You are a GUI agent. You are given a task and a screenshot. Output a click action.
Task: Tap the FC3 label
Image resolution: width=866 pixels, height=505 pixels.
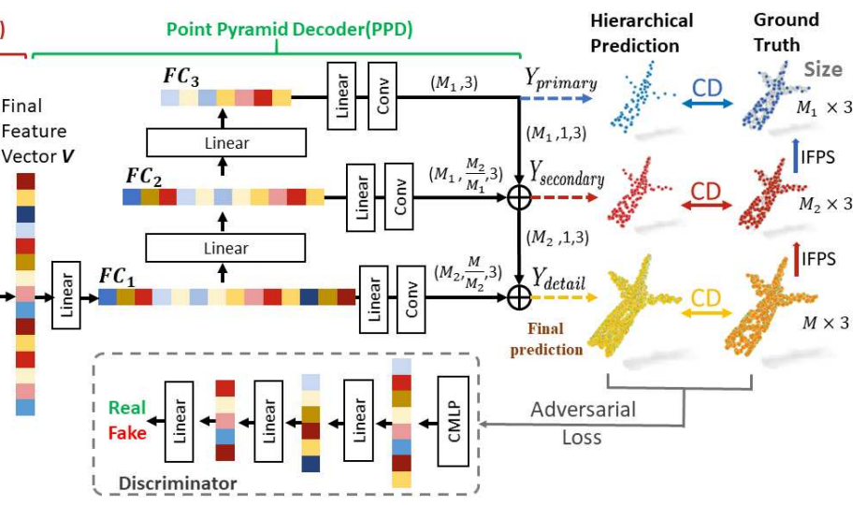coord(180,75)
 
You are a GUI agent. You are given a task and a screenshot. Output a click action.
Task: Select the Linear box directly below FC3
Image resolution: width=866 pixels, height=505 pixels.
coord(226,143)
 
